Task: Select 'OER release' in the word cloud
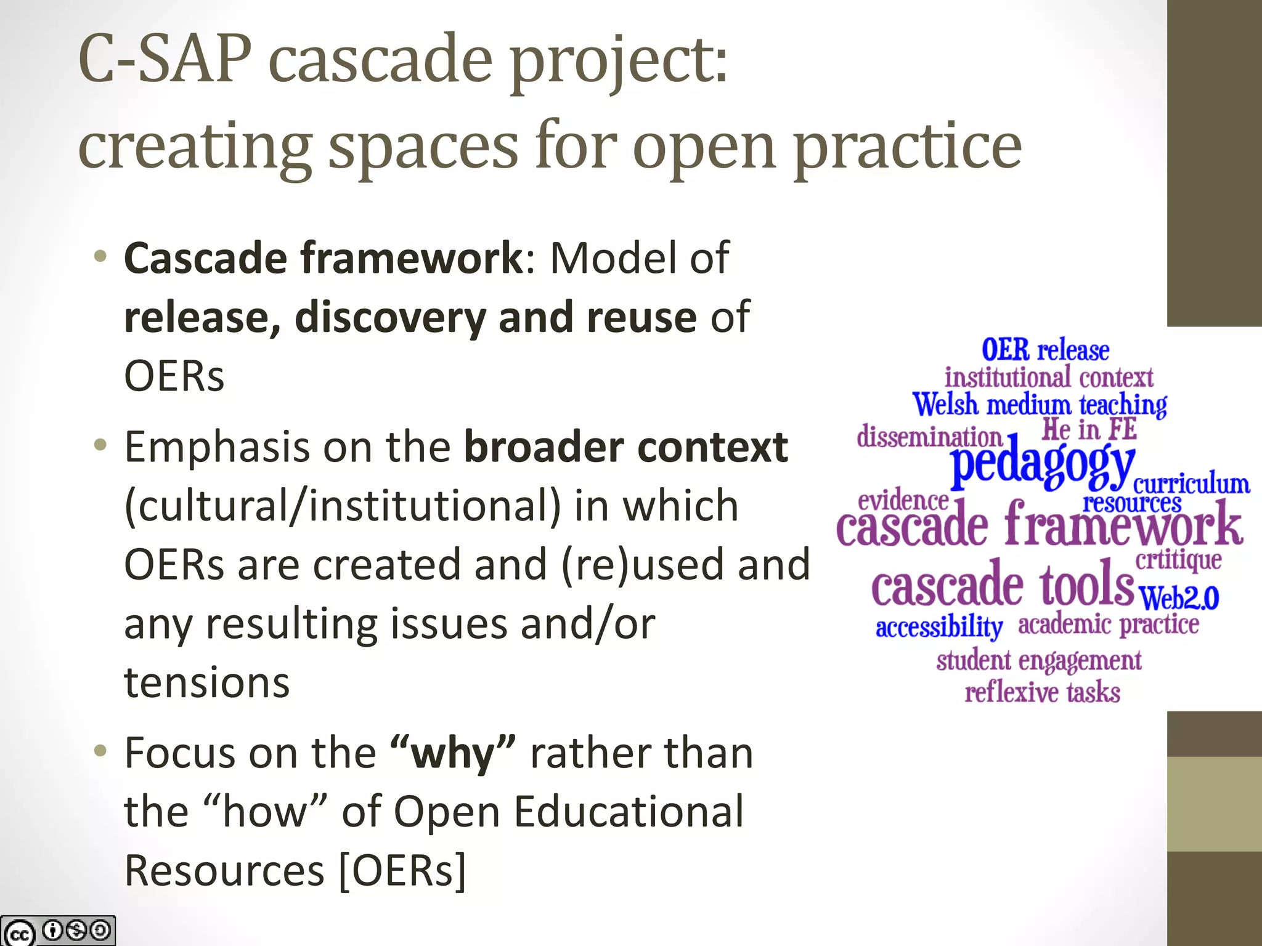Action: coord(1045,350)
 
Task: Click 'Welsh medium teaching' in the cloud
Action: coord(1040,405)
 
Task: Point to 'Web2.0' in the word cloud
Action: coord(1179,597)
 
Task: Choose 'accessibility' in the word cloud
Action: coord(939,627)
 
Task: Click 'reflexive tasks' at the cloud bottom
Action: coord(1042,692)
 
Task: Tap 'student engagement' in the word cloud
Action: coord(1039,661)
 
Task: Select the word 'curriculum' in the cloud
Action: coord(1191,483)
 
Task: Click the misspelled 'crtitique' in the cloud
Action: coord(1178,560)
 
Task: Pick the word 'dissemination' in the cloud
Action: coord(929,437)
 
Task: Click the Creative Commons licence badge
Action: coord(58,931)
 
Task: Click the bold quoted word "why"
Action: coord(453,753)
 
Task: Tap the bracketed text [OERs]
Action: coord(402,870)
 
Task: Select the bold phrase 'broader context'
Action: coord(625,447)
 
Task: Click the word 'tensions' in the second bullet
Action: coord(207,682)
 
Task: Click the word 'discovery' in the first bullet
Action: coord(391,317)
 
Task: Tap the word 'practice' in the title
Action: coord(908,147)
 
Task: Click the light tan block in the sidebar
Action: coord(1214,804)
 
